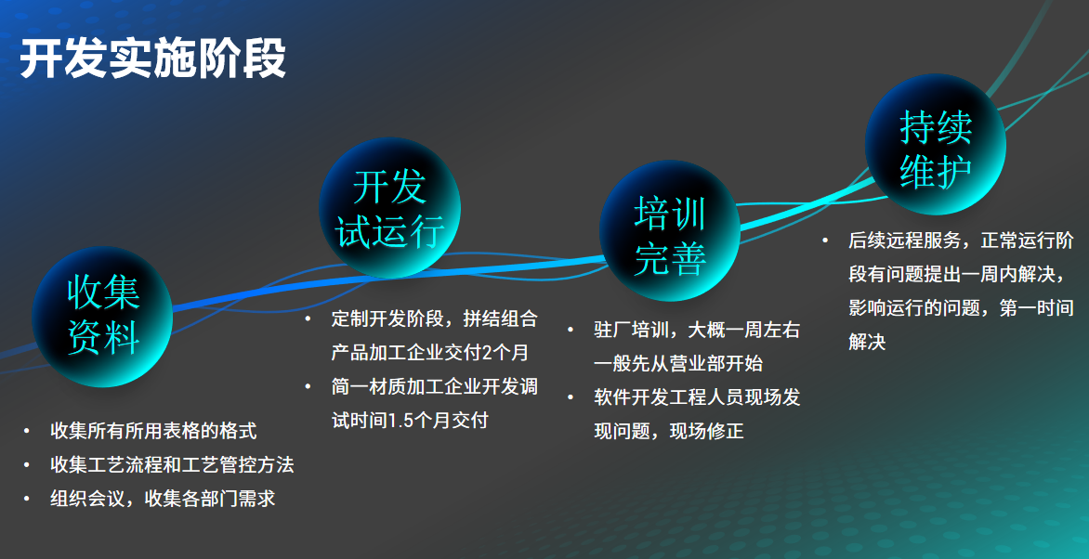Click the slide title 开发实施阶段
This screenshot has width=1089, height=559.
[152, 58]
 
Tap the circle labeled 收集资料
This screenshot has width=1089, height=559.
[103, 316]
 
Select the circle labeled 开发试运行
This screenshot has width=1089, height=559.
[390, 207]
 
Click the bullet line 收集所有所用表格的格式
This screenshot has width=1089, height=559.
[153, 431]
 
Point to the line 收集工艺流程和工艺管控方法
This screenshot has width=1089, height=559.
[172, 464]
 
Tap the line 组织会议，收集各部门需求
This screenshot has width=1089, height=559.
[163, 498]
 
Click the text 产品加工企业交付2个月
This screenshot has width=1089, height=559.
[429, 353]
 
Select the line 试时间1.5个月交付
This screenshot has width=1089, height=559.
[410, 420]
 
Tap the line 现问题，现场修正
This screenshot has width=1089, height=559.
[669, 431]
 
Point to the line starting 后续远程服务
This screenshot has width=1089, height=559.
[961, 241]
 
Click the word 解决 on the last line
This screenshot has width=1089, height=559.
[867, 342]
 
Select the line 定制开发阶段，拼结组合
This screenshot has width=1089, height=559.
[434, 319]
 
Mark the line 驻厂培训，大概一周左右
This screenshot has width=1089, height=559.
[697, 331]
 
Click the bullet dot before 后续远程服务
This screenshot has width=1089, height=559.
[824, 241]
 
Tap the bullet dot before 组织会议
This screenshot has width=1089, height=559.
[27, 498]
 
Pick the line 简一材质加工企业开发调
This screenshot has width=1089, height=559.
[434, 386]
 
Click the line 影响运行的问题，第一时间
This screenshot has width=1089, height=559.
[961, 308]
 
